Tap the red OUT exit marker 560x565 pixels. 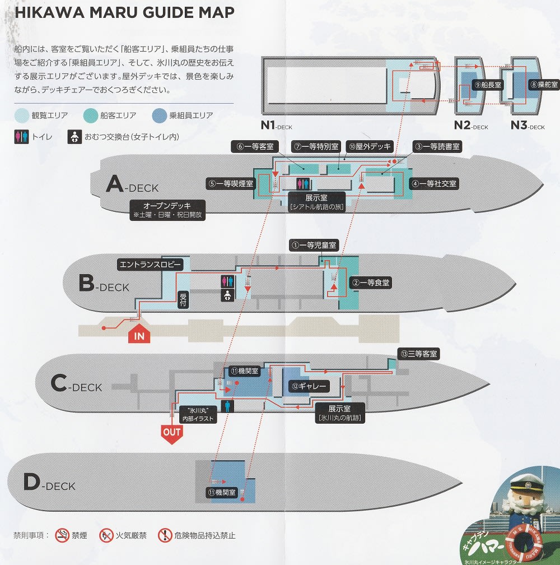pyautogui.click(x=171, y=432)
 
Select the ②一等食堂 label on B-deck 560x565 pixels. pyautogui.click(x=370, y=283)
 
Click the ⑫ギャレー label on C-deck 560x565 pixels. pyautogui.click(x=309, y=386)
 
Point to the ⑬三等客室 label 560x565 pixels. pyautogui.click(x=418, y=354)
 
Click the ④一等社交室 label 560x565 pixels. pyautogui.click(x=433, y=183)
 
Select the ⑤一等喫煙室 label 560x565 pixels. pyautogui.click(x=231, y=183)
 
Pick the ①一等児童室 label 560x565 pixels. pyautogui.click(x=314, y=245)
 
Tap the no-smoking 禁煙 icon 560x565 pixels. pyautogui.click(x=62, y=535)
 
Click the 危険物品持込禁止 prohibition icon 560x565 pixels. pyautogui.click(x=165, y=535)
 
